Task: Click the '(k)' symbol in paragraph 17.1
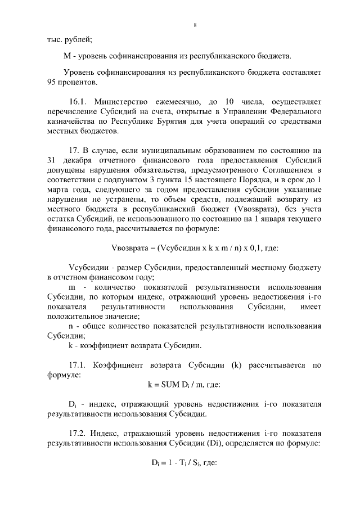click(236, 365)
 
